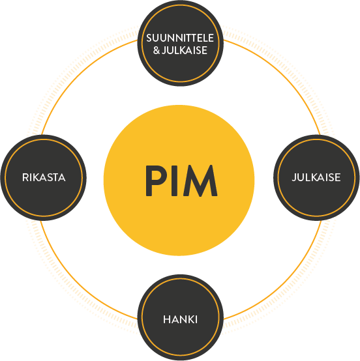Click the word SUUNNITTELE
pyautogui.click(x=180, y=38)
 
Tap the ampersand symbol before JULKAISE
pyautogui.click(x=157, y=50)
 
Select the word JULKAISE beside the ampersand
pyautogui.click(x=185, y=50)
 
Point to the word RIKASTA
pyautogui.click(x=44, y=177)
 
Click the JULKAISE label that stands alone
pyautogui.click(x=316, y=177)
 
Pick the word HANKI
pyautogui.click(x=180, y=319)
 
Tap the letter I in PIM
pyautogui.click(x=175, y=180)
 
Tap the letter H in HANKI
pyautogui.click(x=166, y=319)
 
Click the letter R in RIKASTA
pyautogui.click(x=25, y=177)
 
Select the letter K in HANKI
pyautogui.click(x=190, y=319)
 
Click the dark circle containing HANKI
pyautogui.click(x=180, y=318)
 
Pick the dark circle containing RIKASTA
pyautogui.click(x=44, y=178)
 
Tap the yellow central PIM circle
pyautogui.click(x=179, y=180)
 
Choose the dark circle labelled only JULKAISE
pyautogui.click(x=316, y=178)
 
